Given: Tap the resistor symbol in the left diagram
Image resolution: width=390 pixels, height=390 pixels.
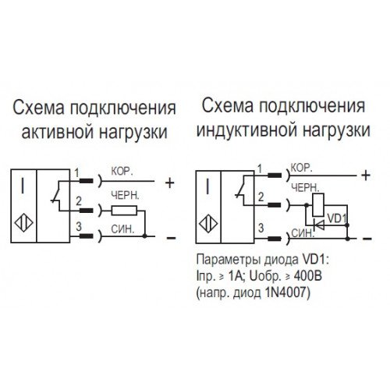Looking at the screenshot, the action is [124, 211].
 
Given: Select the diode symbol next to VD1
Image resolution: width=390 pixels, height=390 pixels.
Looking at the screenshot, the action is [319, 225].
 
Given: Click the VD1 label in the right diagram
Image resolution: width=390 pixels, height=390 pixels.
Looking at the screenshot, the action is [337, 218].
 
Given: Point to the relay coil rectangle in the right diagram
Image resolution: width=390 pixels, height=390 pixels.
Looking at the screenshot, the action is [318, 205].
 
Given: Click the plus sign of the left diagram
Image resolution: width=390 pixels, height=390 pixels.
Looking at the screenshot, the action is [170, 183].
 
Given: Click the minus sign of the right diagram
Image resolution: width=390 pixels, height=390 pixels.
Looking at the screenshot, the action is [367, 239].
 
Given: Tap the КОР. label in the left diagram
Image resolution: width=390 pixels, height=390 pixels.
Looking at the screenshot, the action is [122, 172].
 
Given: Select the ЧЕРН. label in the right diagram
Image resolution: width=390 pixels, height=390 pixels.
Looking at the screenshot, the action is [305, 188].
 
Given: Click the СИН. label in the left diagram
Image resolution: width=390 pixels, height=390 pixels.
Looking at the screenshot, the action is [122, 229].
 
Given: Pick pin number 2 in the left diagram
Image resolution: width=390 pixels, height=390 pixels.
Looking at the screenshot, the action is [79, 201].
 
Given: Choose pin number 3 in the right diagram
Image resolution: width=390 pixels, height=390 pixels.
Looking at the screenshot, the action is [261, 228].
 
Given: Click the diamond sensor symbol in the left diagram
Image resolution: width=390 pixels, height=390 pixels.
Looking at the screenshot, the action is [23, 223].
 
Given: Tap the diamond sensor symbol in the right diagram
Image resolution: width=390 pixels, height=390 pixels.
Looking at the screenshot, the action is [208, 223].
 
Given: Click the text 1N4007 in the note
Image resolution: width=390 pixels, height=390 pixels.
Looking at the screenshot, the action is [287, 293].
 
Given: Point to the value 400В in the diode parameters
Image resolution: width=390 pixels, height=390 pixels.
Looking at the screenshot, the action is [308, 276].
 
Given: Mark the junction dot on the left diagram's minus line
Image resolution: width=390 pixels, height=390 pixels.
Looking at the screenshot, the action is [145, 236].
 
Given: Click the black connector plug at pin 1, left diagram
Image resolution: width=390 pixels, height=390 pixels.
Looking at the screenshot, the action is [86, 181].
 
